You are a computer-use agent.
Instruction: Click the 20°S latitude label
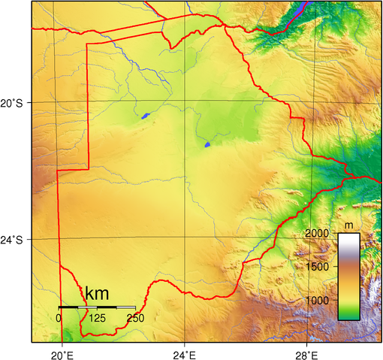pos(14,102)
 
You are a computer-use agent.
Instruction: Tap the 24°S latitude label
pos(14,240)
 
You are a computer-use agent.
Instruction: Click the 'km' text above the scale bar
pos(98,294)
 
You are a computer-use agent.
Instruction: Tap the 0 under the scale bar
pos(59,317)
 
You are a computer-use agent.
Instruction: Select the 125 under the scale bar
pos(97,317)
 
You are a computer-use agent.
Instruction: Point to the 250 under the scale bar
pos(135,317)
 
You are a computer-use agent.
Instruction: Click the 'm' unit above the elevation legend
pos(348,225)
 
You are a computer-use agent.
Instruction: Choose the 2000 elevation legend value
pos(318,234)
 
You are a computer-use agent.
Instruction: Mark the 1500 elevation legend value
pos(318,267)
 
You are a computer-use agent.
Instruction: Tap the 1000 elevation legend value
pos(318,300)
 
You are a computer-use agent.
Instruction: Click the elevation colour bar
pos(348,276)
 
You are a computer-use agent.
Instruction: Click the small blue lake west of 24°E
pos(145,116)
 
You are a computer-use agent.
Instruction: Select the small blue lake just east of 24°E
pos(207,144)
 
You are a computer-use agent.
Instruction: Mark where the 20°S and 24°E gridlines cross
pos(185,101)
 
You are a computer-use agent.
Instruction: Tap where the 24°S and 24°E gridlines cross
pos(185,238)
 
